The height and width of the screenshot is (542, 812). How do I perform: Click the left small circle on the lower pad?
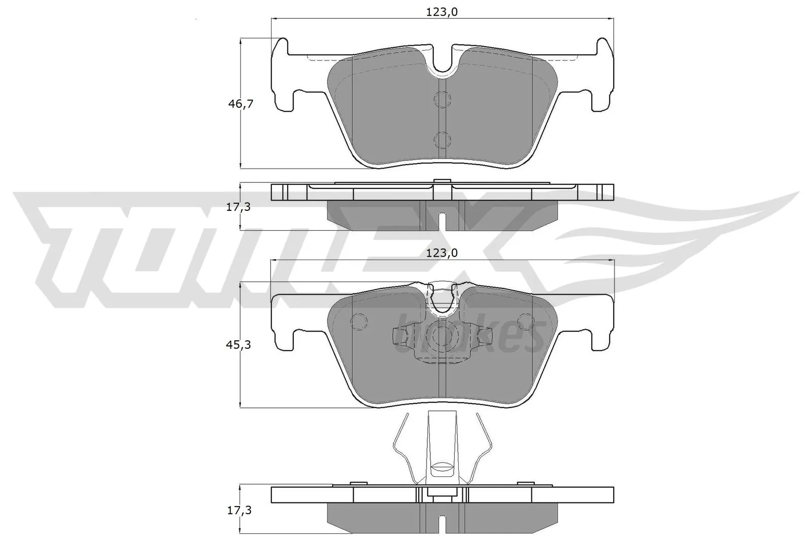(x=359, y=321)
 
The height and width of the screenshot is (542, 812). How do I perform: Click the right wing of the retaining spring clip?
(x=482, y=447)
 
